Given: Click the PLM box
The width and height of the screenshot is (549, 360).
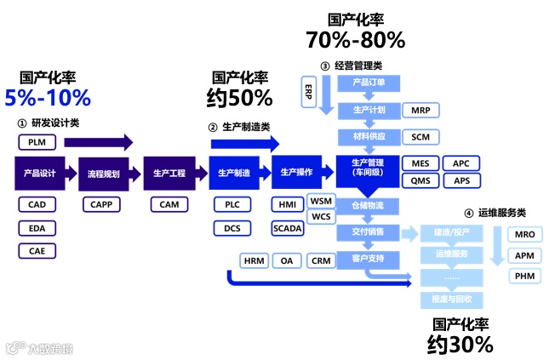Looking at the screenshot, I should pos(37,142).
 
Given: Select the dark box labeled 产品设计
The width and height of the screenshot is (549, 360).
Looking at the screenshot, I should pos(40,173).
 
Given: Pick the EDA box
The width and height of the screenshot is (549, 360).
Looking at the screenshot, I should pos(37,227).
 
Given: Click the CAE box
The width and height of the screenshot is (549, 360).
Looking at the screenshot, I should pos(37,250).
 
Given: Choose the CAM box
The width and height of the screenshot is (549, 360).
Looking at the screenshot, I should pos(169,204).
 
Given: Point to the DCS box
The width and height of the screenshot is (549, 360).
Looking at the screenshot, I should pos(232,227).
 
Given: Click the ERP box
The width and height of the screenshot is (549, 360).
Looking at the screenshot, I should pos(307,91).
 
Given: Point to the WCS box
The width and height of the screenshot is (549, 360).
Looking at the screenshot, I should pos(321,216).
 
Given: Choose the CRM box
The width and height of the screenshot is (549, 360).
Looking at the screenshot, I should pos(321,260).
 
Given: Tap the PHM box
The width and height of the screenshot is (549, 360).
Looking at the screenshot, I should pos(524,276).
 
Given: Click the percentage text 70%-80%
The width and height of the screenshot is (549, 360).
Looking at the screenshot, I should pos(355,39).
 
